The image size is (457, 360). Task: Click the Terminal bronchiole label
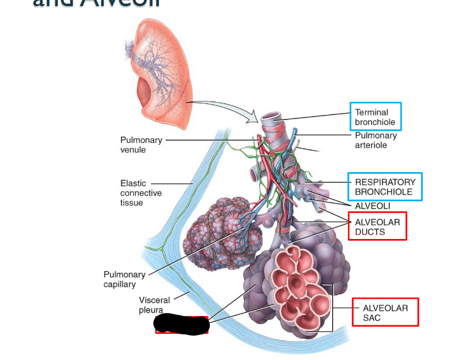(x=375, y=117)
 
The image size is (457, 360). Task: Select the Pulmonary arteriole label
(x=375, y=140)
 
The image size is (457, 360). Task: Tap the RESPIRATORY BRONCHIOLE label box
(x=385, y=187)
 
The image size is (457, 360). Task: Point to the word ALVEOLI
(x=373, y=206)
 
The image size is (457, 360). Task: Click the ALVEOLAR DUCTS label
(x=377, y=227)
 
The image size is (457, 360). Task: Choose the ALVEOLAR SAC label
(x=385, y=313)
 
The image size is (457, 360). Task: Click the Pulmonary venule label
(x=141, y=145)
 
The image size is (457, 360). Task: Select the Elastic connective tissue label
(x=141, y=192)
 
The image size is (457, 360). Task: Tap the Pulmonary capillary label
(x=124, y=279)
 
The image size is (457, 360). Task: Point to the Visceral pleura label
(x=154, y=305)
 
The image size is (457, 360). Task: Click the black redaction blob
(x=181, y=325)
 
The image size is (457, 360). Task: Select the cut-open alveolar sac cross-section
(x=298, y=286)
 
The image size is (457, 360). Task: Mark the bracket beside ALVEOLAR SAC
(x=332, y=307)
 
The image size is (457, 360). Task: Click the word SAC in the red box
(x=371, y=318)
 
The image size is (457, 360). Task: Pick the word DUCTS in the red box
(x=370, y=232)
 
